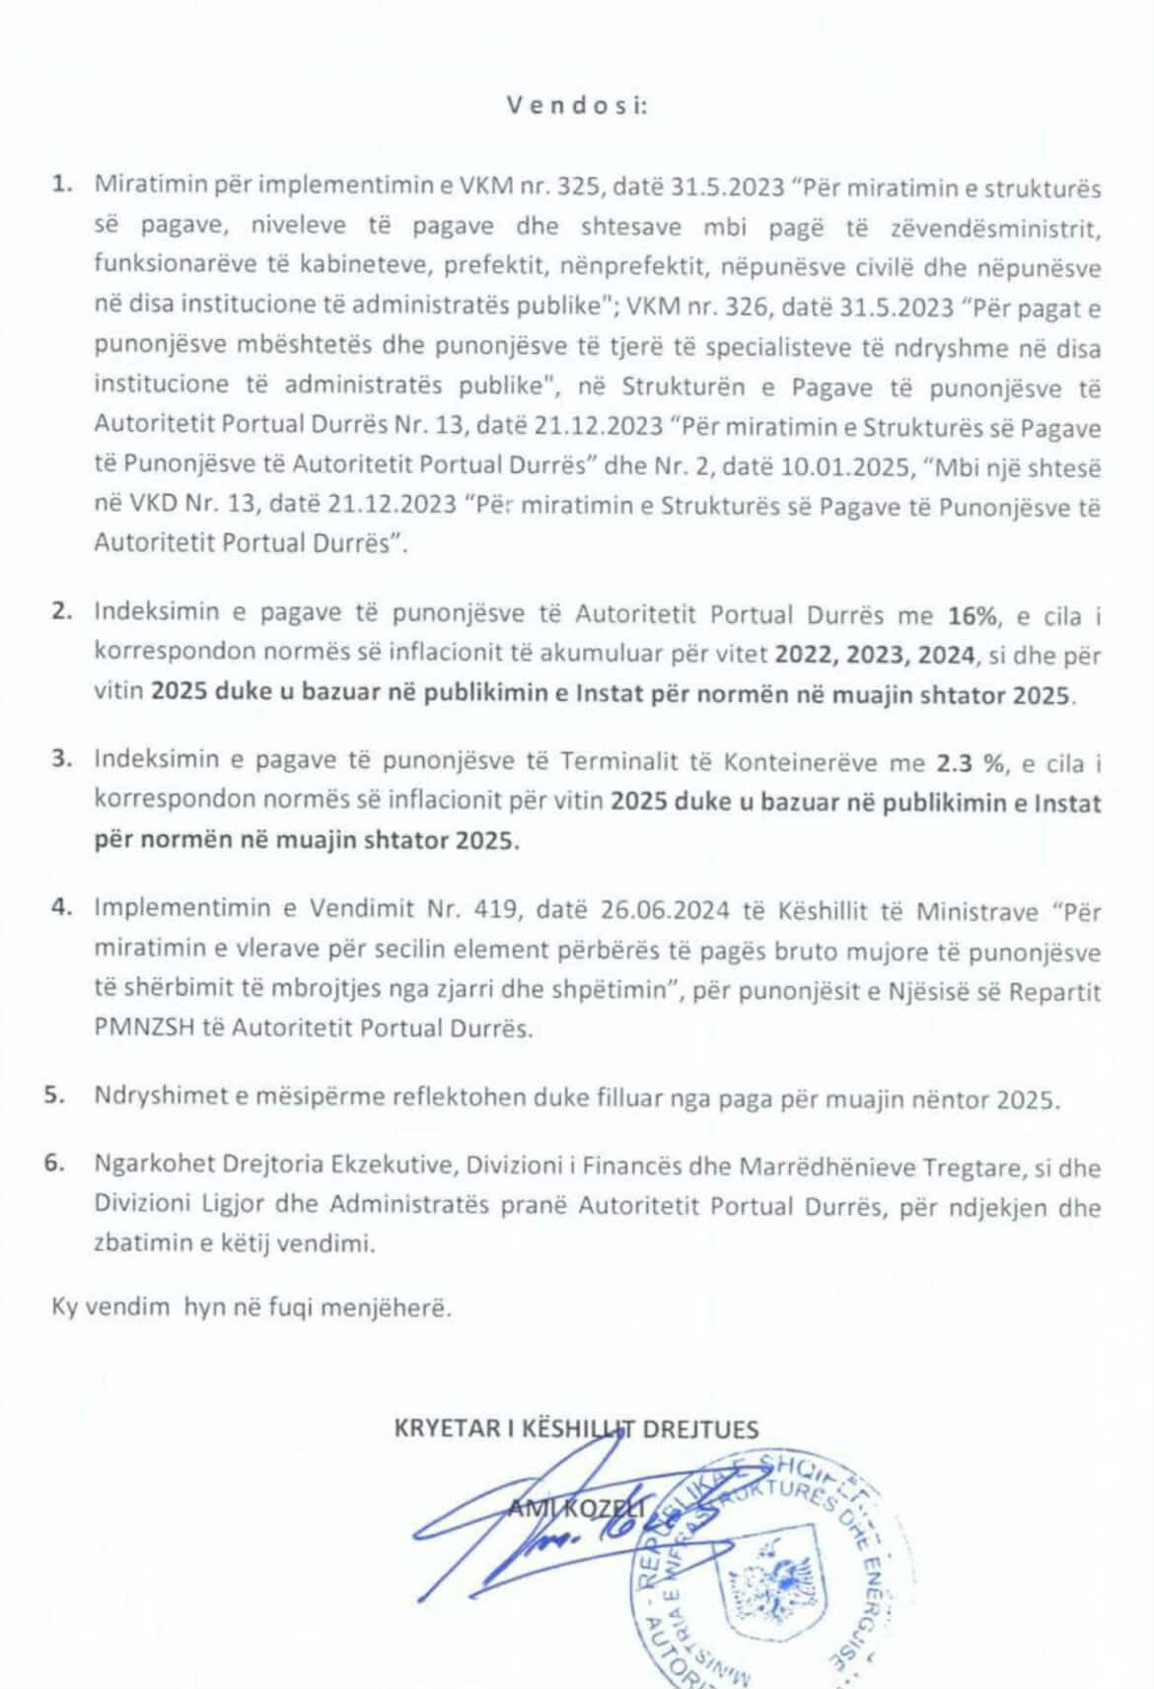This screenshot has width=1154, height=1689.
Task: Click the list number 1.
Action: click(x=64, y=185)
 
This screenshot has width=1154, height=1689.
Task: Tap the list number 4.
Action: click(x=62, y=909)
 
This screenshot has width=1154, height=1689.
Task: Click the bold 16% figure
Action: click(x=969, y=615)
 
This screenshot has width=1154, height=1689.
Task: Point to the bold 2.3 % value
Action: click(x=963, y=762)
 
